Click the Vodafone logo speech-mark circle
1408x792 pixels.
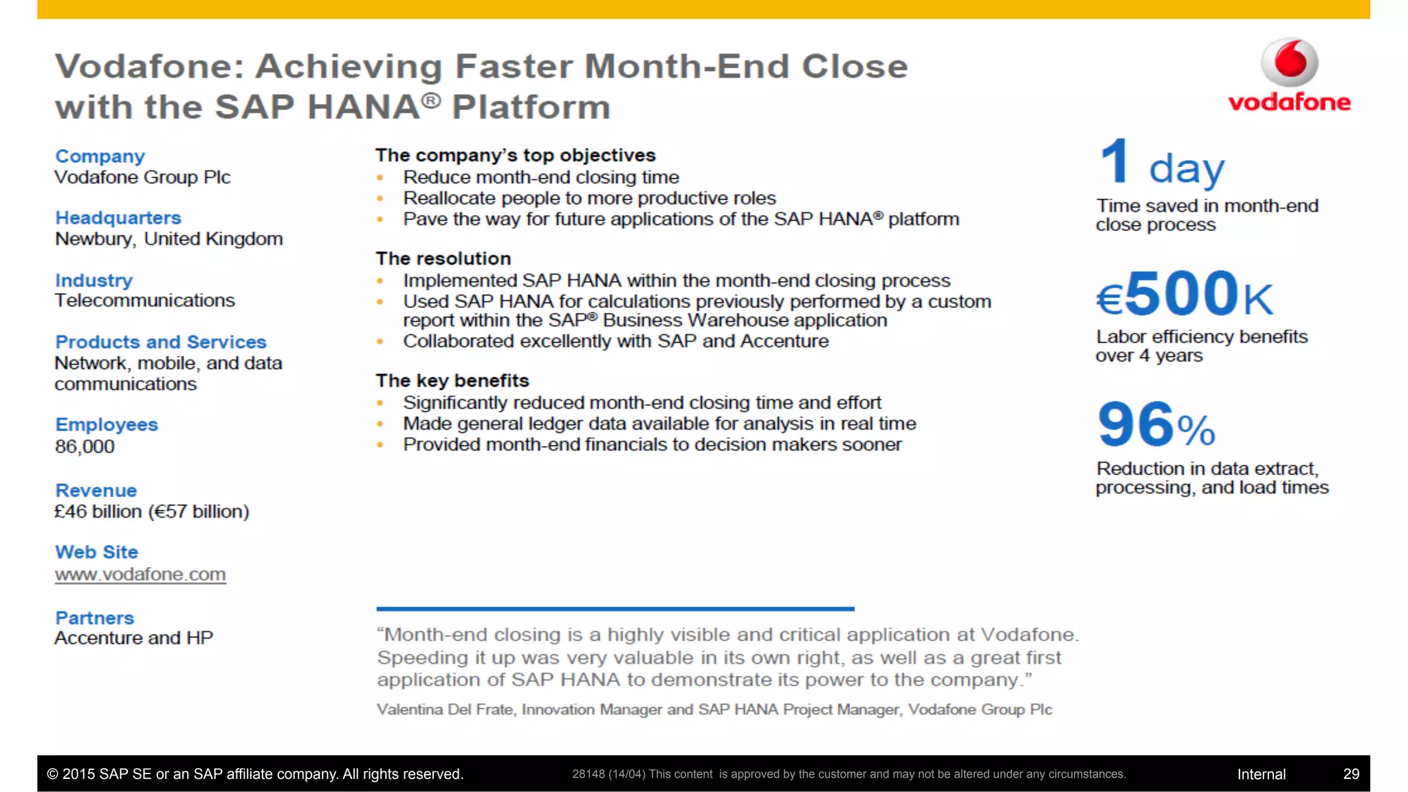tap(1289, 62)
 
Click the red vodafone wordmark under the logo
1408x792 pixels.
tap(1289, 102)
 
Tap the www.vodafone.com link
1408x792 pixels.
tap(140, 574)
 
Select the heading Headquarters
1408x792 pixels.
tap(118, 218)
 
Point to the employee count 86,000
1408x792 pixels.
tap(85, 447)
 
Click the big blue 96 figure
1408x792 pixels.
tap(1136, 425)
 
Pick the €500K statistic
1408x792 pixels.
tap(1184, 294)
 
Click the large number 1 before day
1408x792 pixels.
tap(1114, 162)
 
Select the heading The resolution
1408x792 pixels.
tap(443, 258)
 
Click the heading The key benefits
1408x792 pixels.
tap(452, 381)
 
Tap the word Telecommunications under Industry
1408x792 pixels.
tap(145, 300)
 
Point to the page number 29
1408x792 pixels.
tap(1351, 774)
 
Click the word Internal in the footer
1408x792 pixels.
tap(1261, 774)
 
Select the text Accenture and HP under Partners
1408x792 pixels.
tap(134, 638)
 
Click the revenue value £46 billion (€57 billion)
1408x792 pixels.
tap(152, 511)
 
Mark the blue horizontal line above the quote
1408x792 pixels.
tap(615, 608)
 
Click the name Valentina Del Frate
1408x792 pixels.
tap(445, 709)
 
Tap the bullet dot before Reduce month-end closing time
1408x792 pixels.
tap(380, 178)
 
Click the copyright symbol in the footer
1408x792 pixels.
tap(53, 774)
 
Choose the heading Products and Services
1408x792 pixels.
tap(161, 342)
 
